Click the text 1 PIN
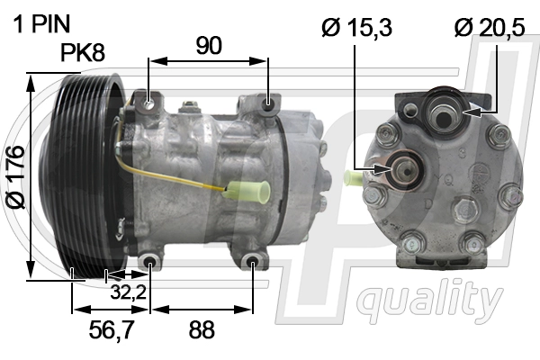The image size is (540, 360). (41, 23)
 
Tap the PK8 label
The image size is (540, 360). (83, 52)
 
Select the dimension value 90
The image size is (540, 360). (209, 46)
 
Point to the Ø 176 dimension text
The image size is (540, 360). (16, 177)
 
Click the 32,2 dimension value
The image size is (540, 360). (128, 292)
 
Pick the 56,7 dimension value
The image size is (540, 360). (111, 329)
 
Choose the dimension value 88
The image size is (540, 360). (202, 329)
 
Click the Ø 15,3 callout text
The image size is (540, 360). (356, 27)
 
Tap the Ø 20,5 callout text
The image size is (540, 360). (490, 27)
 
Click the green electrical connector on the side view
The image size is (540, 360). (247, 191)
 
